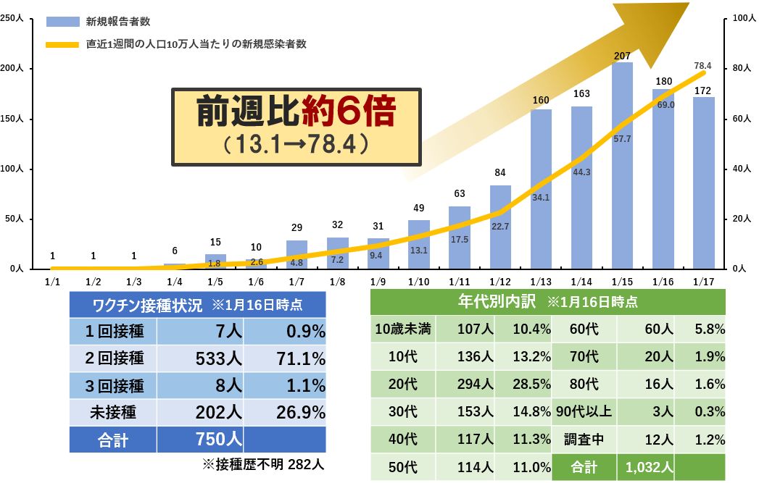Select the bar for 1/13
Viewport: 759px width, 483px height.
(x=541, y=188)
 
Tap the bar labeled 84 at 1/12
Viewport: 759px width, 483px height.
(x=500, y=226)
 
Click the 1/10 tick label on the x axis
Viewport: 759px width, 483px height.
(x=419, y=281)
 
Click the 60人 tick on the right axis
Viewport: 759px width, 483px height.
(x=739, y=118)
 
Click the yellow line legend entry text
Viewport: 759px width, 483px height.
(x=196, y=44)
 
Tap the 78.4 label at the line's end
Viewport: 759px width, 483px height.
(x=702, y=66)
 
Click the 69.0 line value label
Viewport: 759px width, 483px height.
(x=665, y=105)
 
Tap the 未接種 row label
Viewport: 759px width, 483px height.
(x=114, y=413)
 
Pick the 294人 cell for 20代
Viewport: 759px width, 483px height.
(x=475, y=384)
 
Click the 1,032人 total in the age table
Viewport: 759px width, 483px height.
(x=645, y=467)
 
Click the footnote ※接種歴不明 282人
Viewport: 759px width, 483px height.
(x=265, y=464)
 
